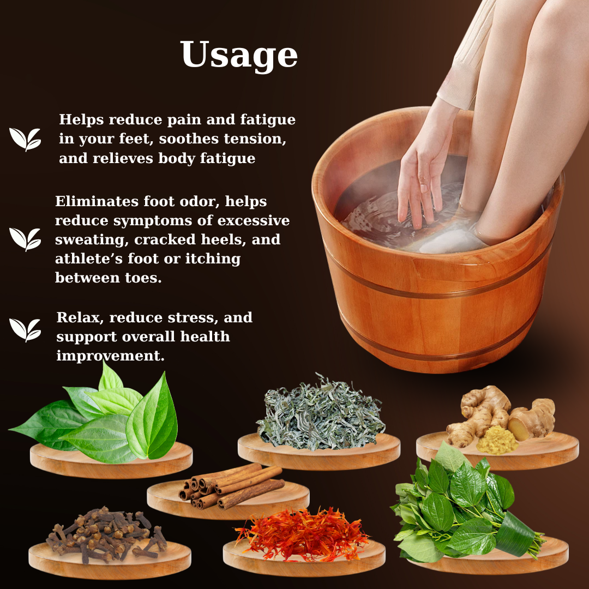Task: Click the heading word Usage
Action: tap(239, 55)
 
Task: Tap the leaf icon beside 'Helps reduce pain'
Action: tap(25, 140)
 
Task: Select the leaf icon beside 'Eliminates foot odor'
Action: tap(25, 239)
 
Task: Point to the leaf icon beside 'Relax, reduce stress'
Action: tap(25, 330)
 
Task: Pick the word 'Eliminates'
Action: tap(97, 201)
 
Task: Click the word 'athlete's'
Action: tap(89, 259)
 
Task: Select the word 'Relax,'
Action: tap(80, 318)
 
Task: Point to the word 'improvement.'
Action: tap(110, 356)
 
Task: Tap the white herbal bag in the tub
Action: tap(451, 242)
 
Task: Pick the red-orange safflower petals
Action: tap(302, 533)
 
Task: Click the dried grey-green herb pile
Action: tap(321, 413)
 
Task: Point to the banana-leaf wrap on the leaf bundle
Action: tap(516, 533)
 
